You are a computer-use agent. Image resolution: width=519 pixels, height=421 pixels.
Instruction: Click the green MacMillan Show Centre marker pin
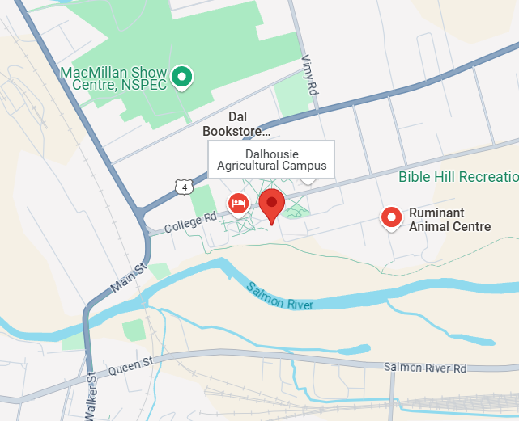click(x=183, y=77)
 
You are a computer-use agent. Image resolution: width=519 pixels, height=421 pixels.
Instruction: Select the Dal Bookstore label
click(x=236, y=124)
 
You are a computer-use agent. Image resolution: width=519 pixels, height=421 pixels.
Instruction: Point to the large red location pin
click(x=271, y=205)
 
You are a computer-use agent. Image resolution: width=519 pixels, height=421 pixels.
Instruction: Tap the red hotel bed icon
click(x=238, y=202)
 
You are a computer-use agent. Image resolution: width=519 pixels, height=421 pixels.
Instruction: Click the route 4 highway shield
click(x=185, y=187)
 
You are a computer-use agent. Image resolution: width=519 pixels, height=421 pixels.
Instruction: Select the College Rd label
click(x=190, y=223)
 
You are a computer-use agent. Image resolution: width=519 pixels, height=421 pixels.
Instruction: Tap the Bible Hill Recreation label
click(x=457, y=177)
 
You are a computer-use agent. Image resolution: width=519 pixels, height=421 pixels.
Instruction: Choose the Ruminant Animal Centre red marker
click(x=392, y=217)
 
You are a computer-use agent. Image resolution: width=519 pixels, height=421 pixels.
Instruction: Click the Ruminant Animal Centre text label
click(x=449, y=220)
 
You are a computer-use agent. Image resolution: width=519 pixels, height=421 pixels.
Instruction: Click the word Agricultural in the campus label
click(x=251, y=166)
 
